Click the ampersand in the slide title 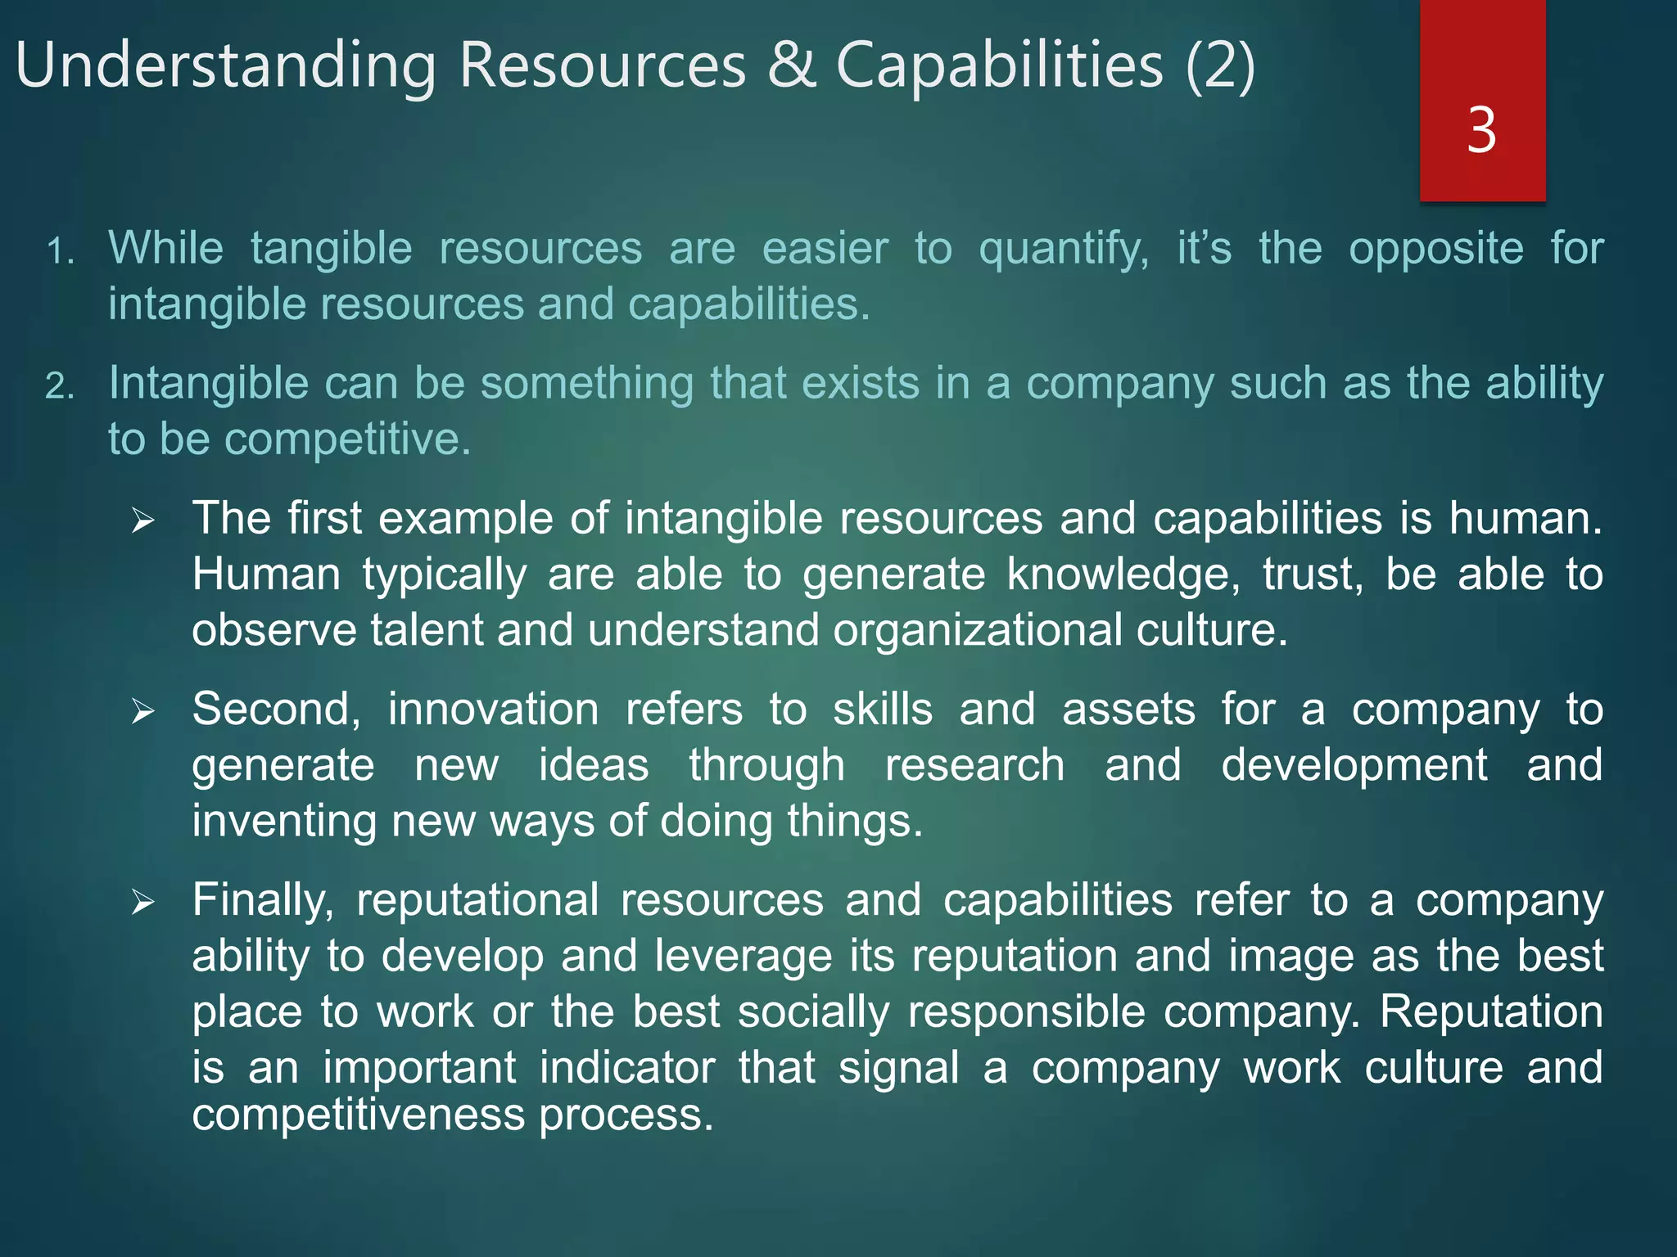pyautogui.click(x=792, y=65)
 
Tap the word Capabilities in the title pyautogui.click(x=999, y=65)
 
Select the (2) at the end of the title pyautogui.click(x=1220, y=65)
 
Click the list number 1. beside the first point pyautogui.click(x=60, y=252)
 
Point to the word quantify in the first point pyautogui.click(x=1063, y=250)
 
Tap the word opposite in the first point pyautogui.click(x=1435, y=250)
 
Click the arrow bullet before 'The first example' pyautogui.click(x=143, y=520)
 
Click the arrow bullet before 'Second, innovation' pyautogui.click(x=143, y=711)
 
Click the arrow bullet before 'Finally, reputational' pyautogui.click(x=143, y=903)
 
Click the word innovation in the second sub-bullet pyautogui.click(x=493, y=709)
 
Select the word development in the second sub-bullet pyautogui.click(x=1354, y=765)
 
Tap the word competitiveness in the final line pyautogui.click(x=358, y=1115)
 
